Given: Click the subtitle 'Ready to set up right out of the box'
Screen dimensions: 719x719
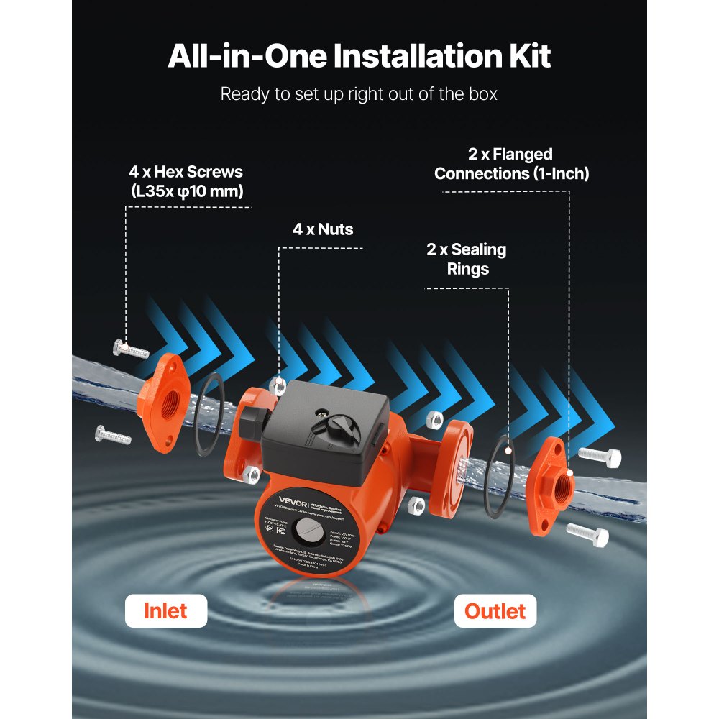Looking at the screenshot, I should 359,94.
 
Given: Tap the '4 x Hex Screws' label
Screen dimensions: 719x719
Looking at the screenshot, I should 186,182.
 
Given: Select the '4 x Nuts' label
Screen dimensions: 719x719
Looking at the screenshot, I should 323,230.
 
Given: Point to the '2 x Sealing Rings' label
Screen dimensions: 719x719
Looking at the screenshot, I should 466,260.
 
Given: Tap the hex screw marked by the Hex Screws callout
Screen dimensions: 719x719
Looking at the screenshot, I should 131,349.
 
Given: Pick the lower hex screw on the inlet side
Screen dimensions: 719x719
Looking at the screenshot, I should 114,435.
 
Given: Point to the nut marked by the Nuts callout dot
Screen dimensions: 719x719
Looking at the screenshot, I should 279,385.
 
